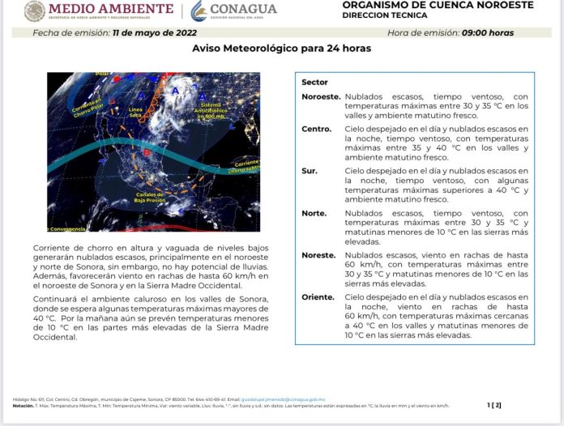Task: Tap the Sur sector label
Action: click(x=309, y=171)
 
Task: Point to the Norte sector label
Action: click(x=314, y=213)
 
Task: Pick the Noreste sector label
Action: click(x=318, y=255)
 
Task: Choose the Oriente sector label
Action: click(x=318, y=297)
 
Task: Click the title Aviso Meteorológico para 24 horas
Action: click(x=281, y=49)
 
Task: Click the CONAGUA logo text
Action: click(x=243, y=10)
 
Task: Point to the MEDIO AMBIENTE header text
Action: click(x=111, y=9)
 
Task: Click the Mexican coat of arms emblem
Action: click(x=35, y=11)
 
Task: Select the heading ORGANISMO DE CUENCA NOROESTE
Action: click(x=438, y=5)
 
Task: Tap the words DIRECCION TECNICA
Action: click(x=382, y=15)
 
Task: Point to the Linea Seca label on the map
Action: click(x=135, y=111)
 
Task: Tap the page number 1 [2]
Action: click(x=494, y=404)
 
